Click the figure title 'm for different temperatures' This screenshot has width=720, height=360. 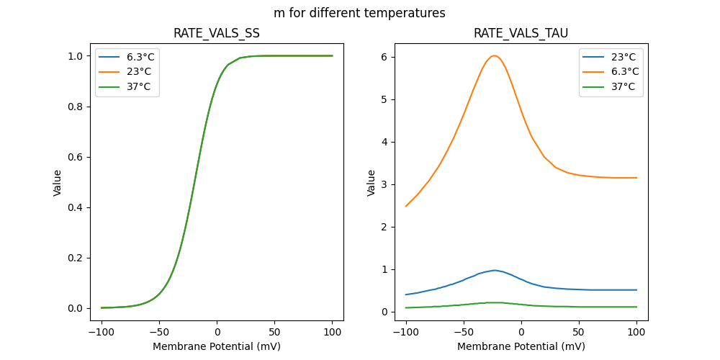pos(359,13)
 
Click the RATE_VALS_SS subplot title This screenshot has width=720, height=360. pos(217,33)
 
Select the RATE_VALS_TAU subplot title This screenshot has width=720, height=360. pos(521,33)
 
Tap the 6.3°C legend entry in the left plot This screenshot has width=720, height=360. pos(140,57)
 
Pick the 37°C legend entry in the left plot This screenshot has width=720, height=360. pos(140,86)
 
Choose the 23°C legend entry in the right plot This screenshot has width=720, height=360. pos(624,57)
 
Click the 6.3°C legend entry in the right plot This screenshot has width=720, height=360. pos(624,71)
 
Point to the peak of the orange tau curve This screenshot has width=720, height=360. pos(494,55)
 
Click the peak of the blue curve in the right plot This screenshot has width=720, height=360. pos(494,270)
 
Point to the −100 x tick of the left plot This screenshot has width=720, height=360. pos(102,333)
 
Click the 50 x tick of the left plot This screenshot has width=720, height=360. pos(274,333)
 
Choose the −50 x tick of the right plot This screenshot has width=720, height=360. pos(464,333)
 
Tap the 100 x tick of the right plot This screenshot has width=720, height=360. pos(636,333)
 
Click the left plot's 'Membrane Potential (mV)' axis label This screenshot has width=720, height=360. pos(217,346)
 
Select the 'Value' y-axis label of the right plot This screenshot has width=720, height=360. pos(372,183)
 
